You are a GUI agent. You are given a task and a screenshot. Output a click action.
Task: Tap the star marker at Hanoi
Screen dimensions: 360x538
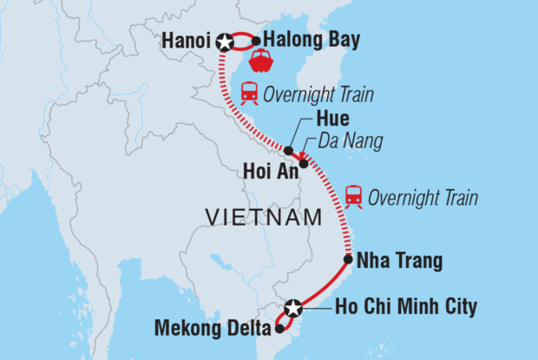pos(226,42)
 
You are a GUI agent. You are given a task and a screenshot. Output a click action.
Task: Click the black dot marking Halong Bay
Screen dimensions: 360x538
pos(256,40)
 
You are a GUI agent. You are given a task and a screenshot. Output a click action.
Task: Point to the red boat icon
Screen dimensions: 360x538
pos(261,62)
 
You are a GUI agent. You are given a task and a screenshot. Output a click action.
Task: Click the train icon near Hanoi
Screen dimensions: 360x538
pos(248,92)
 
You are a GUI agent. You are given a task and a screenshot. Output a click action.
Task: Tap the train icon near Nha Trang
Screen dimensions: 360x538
pos(353,197)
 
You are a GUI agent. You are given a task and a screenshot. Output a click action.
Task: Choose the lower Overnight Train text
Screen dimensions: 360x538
pos(423,198)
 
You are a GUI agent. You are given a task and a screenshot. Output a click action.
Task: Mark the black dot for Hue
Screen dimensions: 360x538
pos(288,150)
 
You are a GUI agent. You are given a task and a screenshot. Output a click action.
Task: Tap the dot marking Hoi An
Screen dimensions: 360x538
pos(304,163)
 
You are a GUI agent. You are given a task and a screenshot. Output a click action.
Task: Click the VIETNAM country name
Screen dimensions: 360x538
pos(264,217)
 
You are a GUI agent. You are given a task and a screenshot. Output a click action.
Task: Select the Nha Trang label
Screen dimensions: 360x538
pos(400,259)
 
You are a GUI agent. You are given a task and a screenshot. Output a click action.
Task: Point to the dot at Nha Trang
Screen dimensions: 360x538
pos(348,259)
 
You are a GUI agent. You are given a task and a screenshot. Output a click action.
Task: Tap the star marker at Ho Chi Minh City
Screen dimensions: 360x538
pos(294,307)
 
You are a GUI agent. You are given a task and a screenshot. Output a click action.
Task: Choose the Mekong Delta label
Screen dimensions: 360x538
pos(210,328)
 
